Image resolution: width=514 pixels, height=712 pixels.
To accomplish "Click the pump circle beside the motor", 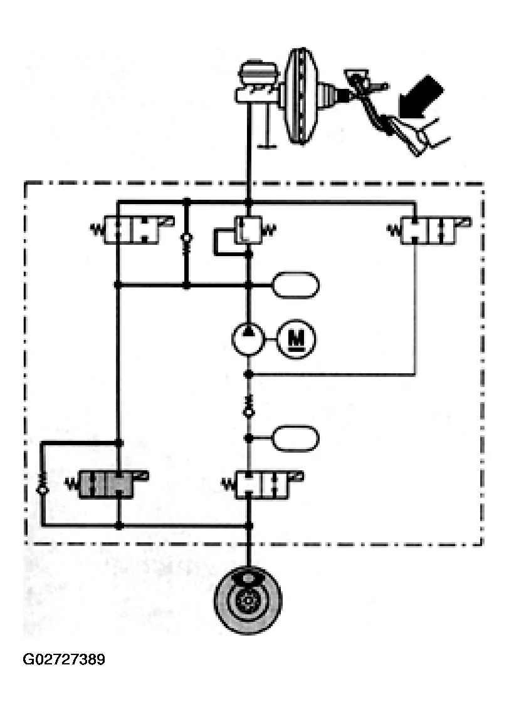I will coord(249,339).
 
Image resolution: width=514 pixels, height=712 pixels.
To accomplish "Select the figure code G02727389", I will coord(64,660).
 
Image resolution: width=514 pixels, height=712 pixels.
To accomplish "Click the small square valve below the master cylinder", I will coord(248,229).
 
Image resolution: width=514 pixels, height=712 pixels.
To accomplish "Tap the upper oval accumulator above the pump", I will coord(295,285).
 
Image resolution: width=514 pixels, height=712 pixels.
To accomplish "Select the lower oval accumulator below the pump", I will coord(295,437).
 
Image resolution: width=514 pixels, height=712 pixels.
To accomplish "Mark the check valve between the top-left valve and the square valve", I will coord(186,241).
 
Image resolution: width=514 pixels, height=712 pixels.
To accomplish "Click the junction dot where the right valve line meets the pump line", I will coord(248,374).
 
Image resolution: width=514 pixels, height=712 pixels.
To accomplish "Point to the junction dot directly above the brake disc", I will coord(249,526).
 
